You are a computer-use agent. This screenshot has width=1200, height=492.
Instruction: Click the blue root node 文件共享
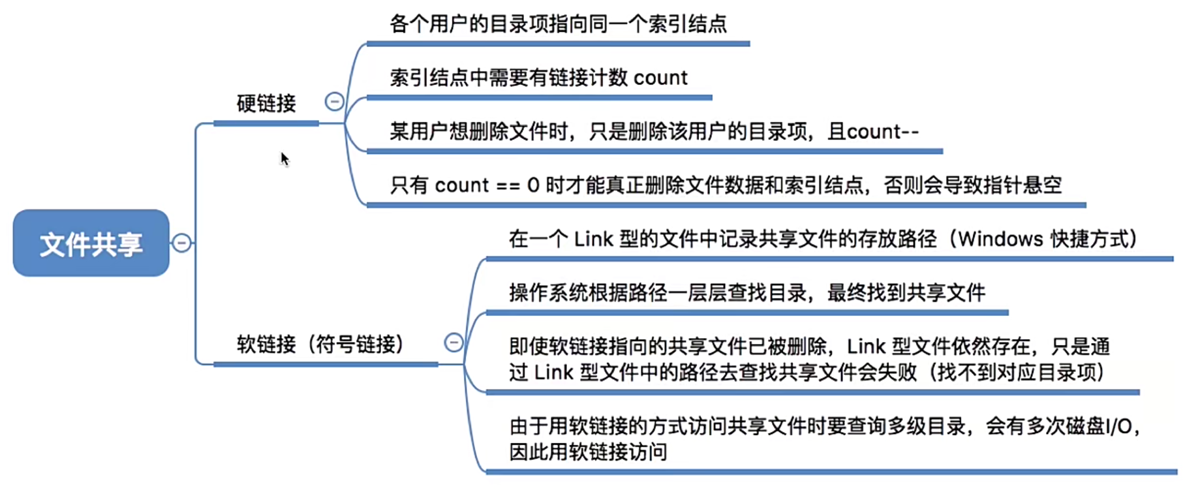pyautogui.click(x=91, y=243)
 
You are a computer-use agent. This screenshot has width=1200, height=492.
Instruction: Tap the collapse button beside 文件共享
pyautogui.click(x=181, y=243)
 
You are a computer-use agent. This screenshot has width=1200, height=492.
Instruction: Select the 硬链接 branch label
pyautogui.click(x=266, y=103)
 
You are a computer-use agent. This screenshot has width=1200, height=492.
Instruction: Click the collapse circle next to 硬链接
pyautogui.click(x=334, y=101)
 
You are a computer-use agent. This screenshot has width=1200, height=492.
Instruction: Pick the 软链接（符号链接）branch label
pyautogui.click(x=320, y=344)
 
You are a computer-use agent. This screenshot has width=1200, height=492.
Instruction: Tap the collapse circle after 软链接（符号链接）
pyautogui.click(x=454, y=343)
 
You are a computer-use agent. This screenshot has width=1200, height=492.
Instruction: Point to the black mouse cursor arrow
pyautogui.click(x=284, y=158)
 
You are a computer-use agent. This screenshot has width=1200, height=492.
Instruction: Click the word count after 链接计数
pyautogui.click(x=660, y=78)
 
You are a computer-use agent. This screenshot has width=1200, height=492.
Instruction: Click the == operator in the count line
pyautogui.click(x=508, y=186)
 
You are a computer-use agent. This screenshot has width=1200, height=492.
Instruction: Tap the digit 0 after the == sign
pyautogui.click(x=533, y=186)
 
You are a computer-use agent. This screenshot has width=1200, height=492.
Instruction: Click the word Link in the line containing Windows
pyautogui.click(x=593, y=239)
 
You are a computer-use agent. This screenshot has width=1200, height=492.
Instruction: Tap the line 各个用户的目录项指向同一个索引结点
pyautogui.click(x=558, y=24)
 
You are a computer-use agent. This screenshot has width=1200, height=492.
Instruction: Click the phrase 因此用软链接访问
pyautogui.click(x=588, y=452)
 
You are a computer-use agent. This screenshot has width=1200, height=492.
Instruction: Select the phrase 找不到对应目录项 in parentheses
pyautogui.click(x=1017, y=373)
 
